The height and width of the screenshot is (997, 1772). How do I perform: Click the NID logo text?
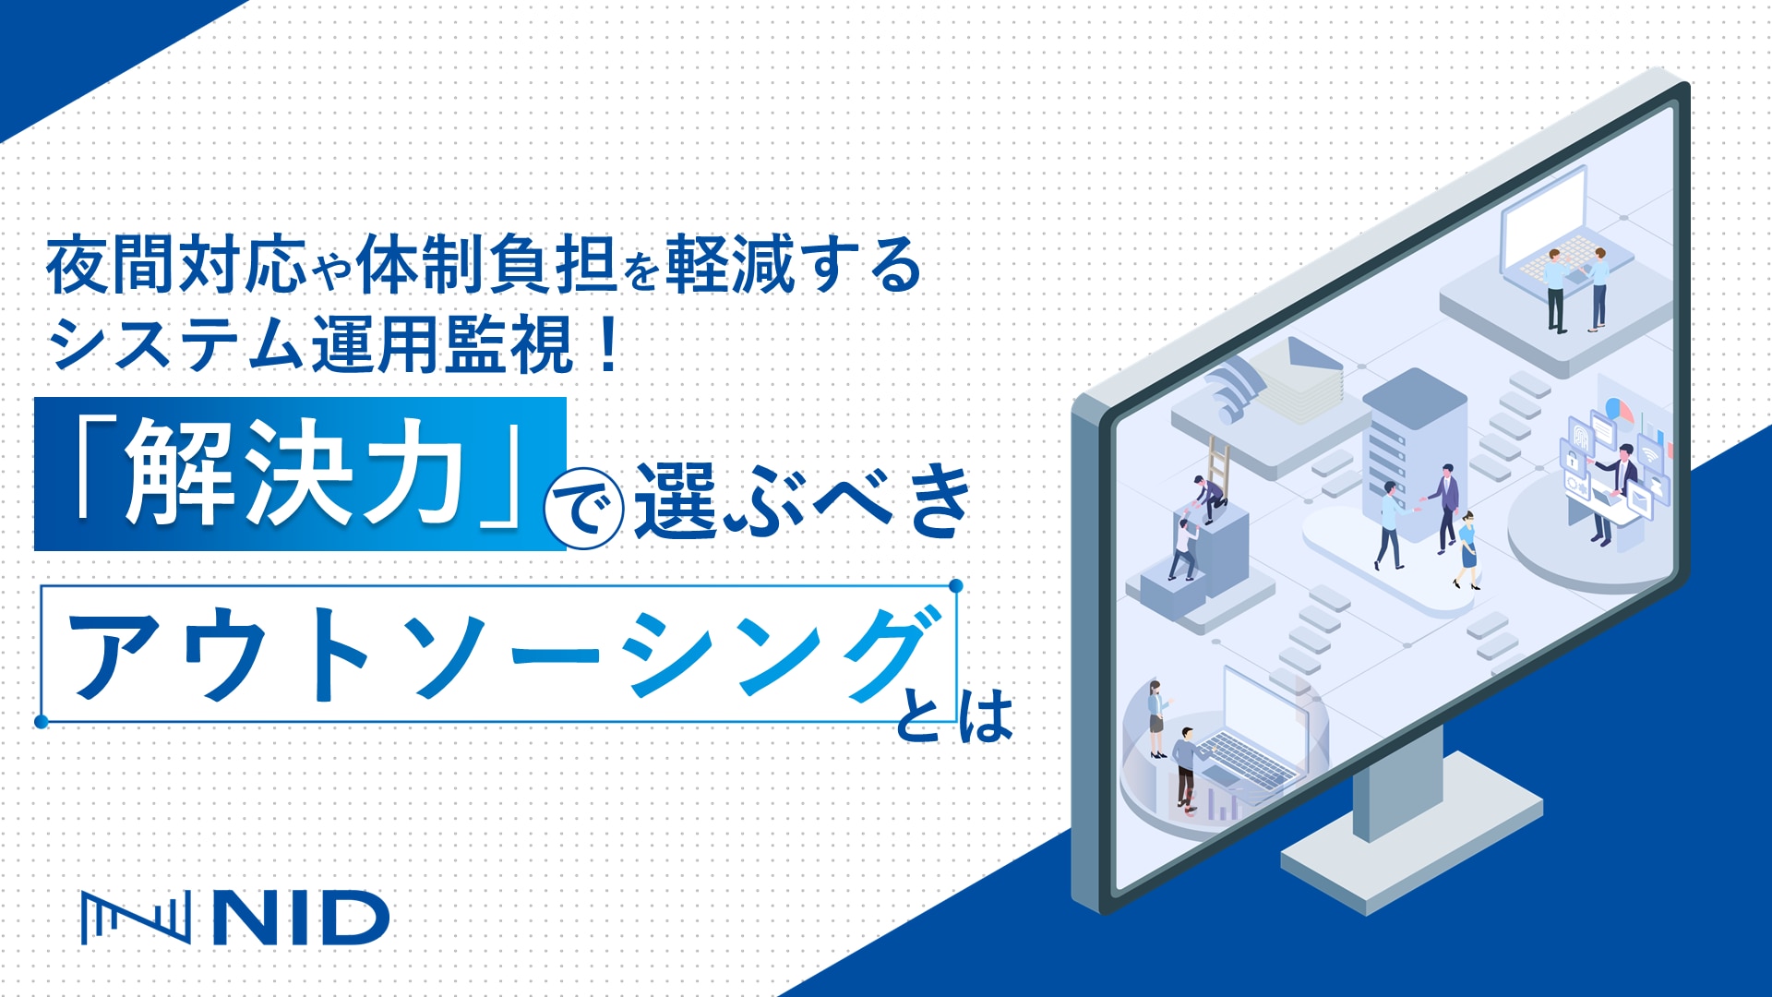tap(301, 918)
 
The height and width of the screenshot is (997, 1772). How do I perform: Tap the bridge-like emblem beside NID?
tap(135, 918)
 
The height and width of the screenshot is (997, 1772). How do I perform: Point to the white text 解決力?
tap(294, 474)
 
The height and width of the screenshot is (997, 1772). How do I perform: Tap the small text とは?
tap(956, 718)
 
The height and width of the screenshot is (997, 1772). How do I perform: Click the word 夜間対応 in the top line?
tap(175, 265)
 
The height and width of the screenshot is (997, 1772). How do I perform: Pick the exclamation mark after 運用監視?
tap(607, 344)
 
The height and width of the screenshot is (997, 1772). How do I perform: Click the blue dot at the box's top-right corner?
tap(956, 586)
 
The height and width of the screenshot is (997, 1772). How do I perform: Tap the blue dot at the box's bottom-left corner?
tap(42, 721)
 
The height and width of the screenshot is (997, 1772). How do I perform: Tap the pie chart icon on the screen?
tap(1618, 409)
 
